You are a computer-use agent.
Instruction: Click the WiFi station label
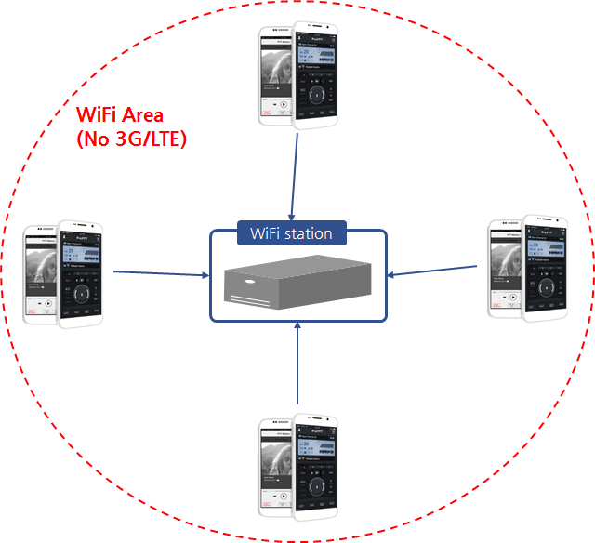tap(292, 232)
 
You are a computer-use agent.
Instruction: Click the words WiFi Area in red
tap(120, 116)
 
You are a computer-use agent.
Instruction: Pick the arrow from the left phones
tap(161, 273)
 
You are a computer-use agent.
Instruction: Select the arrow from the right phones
tap(432, 272)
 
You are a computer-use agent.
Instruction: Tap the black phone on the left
tap(81, 274)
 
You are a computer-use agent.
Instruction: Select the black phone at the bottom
tap(316, 470)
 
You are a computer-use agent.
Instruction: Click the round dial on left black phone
tap(82, 293)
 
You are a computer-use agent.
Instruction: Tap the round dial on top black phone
tap(315, 93)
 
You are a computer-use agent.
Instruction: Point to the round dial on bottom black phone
tap(316, 487)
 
